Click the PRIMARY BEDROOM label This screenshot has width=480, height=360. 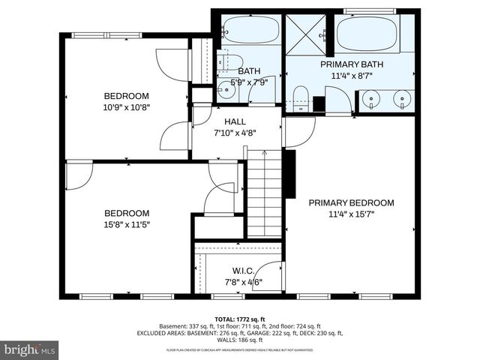[x=351, y=202]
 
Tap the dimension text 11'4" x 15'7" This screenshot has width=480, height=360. [x=351, y=214]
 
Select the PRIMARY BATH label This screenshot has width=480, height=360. [x=351, y=65]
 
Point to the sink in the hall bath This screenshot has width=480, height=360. [x=224, y=91]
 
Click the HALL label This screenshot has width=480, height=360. [x=235, y=122]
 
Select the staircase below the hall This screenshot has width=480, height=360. [x=264, y=191]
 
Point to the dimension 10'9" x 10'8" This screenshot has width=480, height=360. [x=126, y=107]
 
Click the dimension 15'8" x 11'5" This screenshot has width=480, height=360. [x=126, y=224]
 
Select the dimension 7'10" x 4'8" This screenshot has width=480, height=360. [x=235, y=133]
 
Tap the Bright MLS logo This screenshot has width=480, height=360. [x=30, y=349]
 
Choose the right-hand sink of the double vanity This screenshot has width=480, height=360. [x=403, y=97]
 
